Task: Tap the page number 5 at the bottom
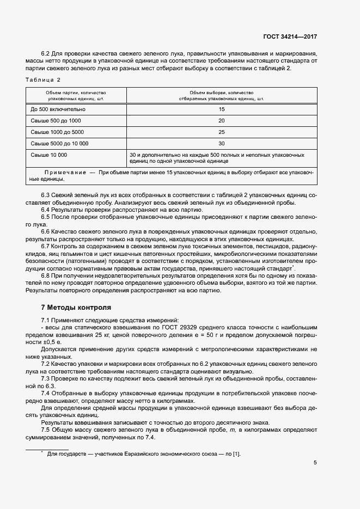click(315, 463)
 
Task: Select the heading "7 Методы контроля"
click(76, 307)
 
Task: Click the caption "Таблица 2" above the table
click(43, 79)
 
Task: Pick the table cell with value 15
click(221, 109)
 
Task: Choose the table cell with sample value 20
click(221, 120)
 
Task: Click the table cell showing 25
click(221, 132)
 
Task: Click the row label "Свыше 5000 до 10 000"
click(59, 143)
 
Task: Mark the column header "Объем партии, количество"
click(76, 93)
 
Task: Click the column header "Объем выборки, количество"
click(221, 93)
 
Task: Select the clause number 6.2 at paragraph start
click(46, 53)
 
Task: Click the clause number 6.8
click(46, 276)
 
